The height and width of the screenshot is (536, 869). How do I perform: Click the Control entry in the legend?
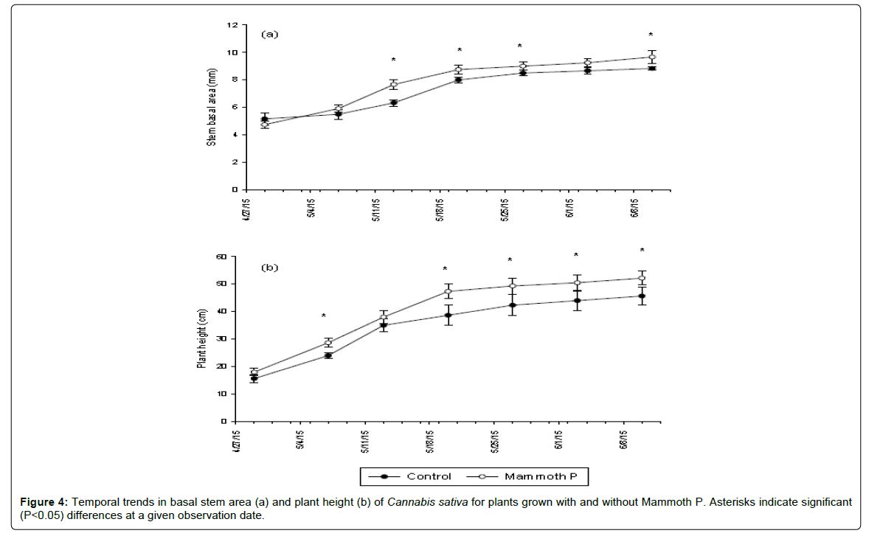pyautogui.click(x=429, y=476)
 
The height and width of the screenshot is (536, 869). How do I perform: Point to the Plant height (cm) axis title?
pyautogui.click(x=201, y=338)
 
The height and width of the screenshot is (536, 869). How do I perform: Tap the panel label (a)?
pyautogui.click(x=271, y=34)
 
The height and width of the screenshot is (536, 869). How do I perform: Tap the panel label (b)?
pyautogui.click(x=269, y=268)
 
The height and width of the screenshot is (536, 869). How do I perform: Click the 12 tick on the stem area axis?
pyautogui.click(x=232, y=25)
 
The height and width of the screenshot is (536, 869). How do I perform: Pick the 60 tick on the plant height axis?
pyautogui.click(x=221, y=257)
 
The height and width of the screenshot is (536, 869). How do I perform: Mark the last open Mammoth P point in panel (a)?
pyautogui.click(x=652, y=57)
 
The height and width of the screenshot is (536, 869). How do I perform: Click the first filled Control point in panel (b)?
pyautogui.click(x=254, y=378)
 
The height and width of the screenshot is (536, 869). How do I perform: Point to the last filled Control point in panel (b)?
pyautogui.click(x=642, y=296)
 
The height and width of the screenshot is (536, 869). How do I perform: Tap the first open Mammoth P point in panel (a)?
pyautogui.click(x=264, y=125)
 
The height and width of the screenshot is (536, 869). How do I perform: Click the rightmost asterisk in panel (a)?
pyautogui.click(x=651, y=35)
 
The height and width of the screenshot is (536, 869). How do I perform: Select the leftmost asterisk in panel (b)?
pyautogui.click(x=323, y=317)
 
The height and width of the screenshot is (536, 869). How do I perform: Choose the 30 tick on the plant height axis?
pyautogui.click(x=221, y=339)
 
